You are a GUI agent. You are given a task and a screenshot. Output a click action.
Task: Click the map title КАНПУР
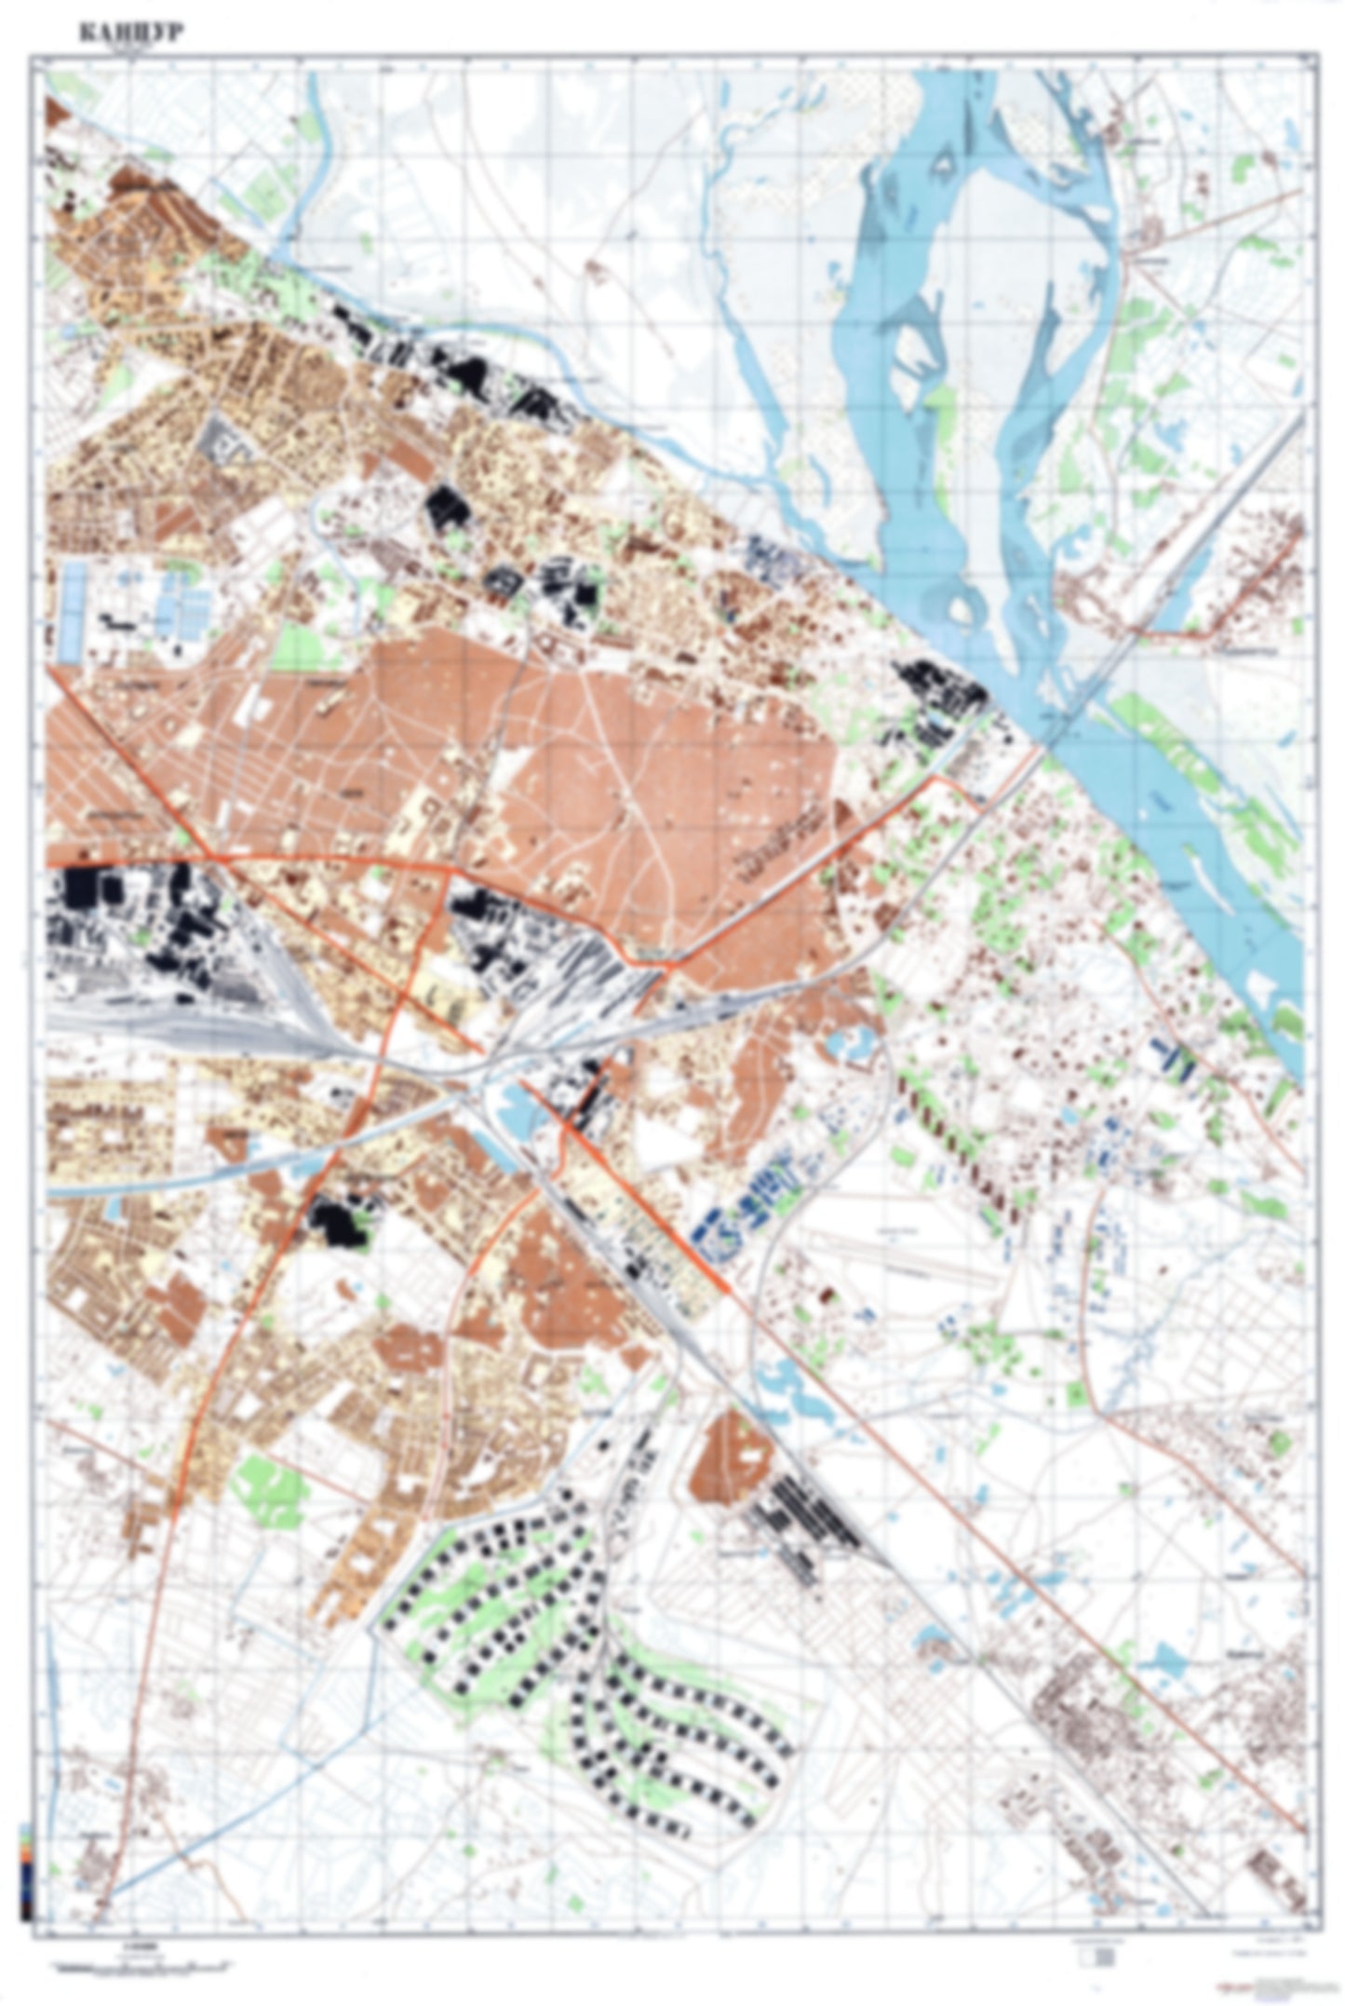point(130,34)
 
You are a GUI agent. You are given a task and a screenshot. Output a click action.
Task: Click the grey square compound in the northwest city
point(222,437)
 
